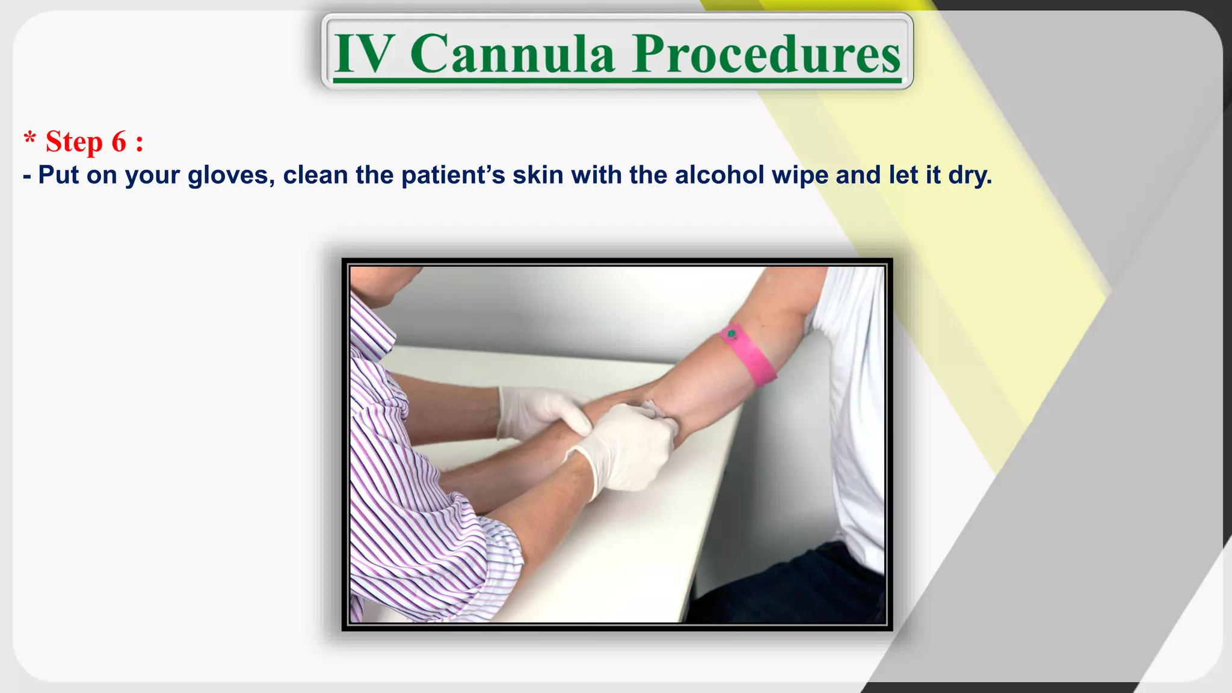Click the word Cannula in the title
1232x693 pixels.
click(513, 54)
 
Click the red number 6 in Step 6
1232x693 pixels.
click(119, 142)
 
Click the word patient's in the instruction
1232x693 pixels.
click(452, 175)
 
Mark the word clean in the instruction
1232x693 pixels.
click(315, 175)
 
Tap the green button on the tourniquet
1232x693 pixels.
click(731, 333)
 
